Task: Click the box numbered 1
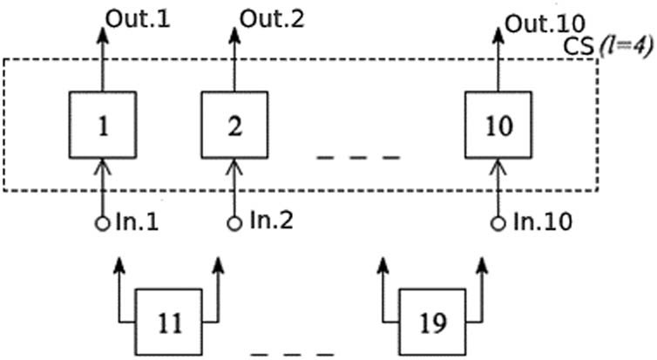coord(102,126)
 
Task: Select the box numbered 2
coord(235,126)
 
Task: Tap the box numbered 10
coord(498,126)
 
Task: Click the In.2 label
coord(268,222)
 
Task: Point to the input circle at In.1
coord(101,223)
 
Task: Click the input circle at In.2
coord(234,223)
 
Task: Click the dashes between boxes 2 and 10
coord(358,158)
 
